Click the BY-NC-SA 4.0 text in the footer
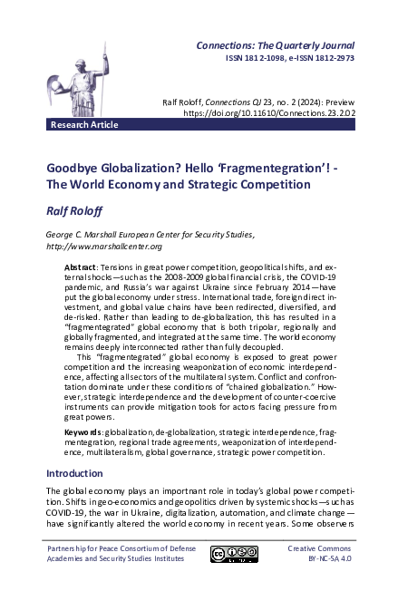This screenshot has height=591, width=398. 321,561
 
